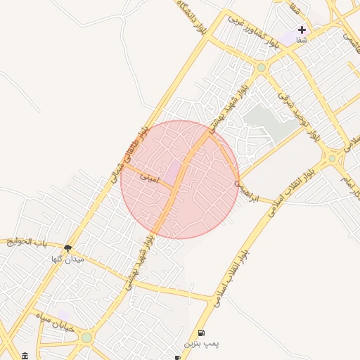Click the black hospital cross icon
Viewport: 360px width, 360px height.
(302, 30)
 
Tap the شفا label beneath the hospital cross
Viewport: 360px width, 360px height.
(302, 40)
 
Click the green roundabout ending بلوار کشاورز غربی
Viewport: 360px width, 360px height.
(262, 67)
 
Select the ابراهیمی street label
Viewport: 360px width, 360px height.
(246, 192)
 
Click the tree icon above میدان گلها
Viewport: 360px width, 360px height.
(67, 247)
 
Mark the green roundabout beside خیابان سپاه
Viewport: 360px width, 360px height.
(86, 337)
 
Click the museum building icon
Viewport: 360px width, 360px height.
(25, 355)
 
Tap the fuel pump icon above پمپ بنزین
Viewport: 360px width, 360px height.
(202, 333)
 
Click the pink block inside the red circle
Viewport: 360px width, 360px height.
(172, 171)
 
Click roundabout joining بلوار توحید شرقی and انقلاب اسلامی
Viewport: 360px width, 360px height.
(332, 159)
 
